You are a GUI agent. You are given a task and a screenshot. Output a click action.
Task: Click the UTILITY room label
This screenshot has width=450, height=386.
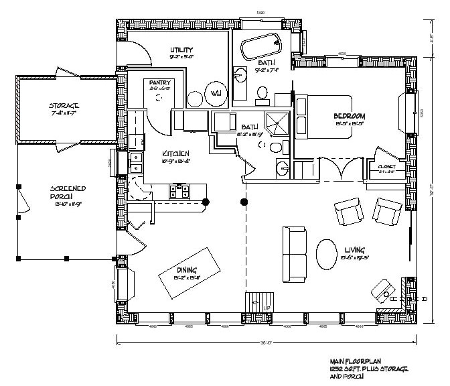[181, 50]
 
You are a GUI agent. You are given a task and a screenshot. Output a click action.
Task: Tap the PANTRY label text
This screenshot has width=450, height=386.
[160, 82]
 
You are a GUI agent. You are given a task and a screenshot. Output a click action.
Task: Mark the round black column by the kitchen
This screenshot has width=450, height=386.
[206, 201]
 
